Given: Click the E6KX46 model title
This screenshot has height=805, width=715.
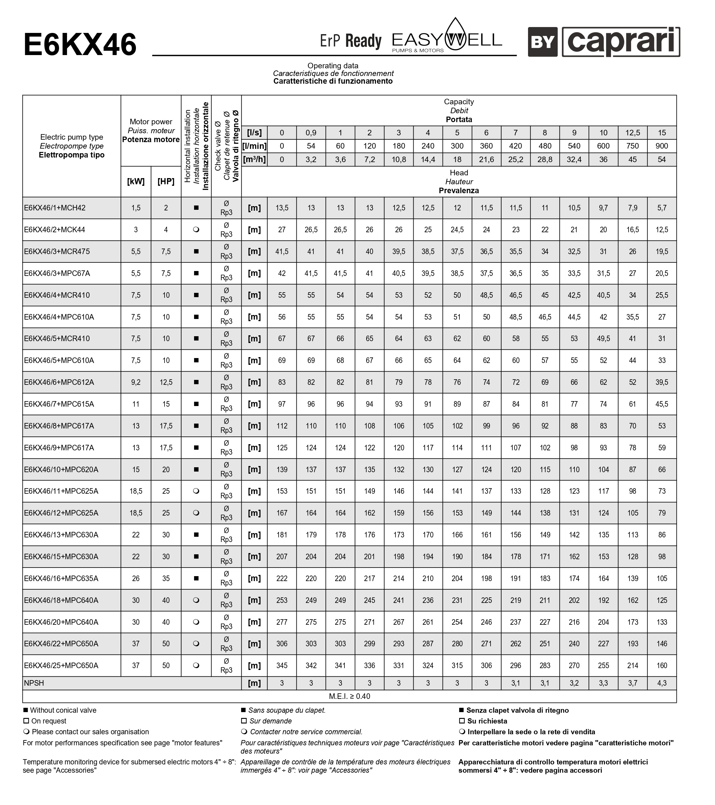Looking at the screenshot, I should tap(80, 45).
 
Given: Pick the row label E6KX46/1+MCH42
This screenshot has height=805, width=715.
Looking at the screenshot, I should tap(55, 208).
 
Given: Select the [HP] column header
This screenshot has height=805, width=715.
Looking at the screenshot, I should tap(166, 181).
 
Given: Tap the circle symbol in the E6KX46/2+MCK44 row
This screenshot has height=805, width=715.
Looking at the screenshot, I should tap(196, 229).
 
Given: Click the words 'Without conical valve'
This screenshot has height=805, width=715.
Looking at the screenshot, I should tap(63, 711).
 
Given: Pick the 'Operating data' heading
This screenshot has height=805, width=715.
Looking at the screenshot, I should tap(333, 66).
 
